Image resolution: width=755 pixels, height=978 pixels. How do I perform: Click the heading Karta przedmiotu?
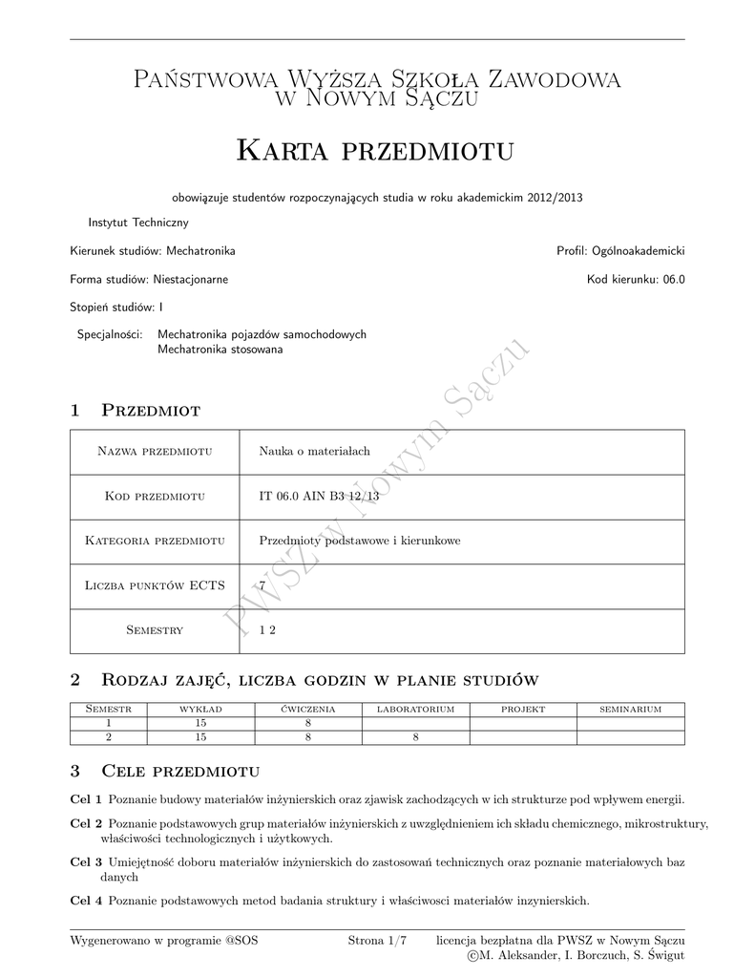tap(375, 150)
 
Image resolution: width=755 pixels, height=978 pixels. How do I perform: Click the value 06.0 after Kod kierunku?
tap(674, 280)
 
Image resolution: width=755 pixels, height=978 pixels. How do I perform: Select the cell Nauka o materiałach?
tap(307, 452)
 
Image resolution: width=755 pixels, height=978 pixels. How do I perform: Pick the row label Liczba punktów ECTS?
tap(155, 586)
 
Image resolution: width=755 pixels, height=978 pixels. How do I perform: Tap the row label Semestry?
tap(155, 630)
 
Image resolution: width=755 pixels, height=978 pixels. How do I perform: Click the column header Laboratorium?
tap(415, 710)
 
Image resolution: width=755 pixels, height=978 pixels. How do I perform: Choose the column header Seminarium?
tap(630, 710)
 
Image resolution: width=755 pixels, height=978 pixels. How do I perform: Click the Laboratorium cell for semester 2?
tap(415, 737)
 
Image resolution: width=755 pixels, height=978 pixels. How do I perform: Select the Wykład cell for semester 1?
tap(200, 724)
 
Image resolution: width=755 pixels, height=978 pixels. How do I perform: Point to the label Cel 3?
tap(86, 862)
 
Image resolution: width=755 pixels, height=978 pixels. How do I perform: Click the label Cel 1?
tap(86, 798)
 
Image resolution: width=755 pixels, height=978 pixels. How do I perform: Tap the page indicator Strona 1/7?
tap(377, 941)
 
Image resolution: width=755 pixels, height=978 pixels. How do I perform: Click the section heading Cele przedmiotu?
tap(180, 771)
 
